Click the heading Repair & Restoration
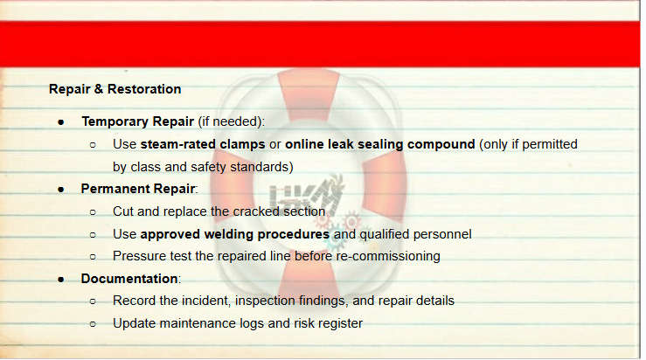coord(115,89)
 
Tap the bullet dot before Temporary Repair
coord(61,122)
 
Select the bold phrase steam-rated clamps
coord(203,144)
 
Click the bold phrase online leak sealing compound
coord(380,144)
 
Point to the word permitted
coord(550,144)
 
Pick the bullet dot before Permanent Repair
coord(61,190)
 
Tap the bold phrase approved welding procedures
coord(235,234)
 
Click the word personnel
coord(442,234)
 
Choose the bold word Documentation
coord(129,279)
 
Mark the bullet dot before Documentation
coord(61,280)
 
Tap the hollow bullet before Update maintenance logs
coord(93,324)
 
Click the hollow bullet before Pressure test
coord(93,257)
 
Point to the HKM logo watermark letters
coord(307,196)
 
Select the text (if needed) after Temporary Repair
coord(231,122)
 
